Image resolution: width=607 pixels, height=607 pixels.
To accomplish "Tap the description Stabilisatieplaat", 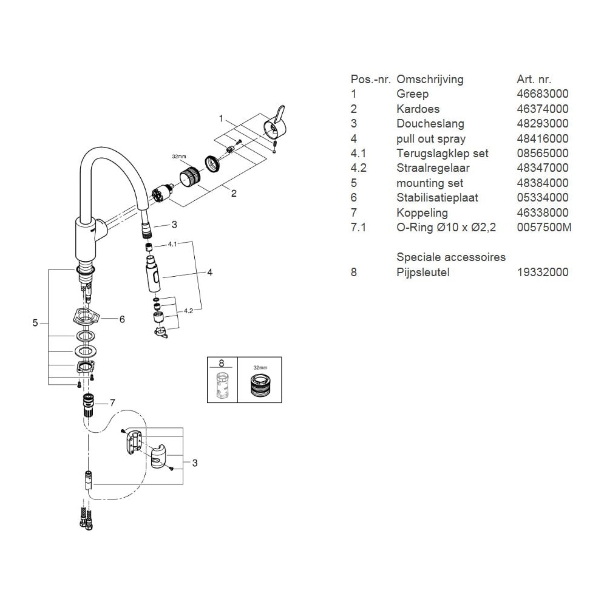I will pos(437,198).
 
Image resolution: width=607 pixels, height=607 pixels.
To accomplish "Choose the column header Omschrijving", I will pos(430,80).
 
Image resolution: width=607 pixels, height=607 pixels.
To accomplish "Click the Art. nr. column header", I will pos(534,80).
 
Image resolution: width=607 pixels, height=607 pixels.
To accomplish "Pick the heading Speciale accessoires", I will pos(450,257).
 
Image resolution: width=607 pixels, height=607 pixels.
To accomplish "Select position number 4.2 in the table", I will pos(358,168).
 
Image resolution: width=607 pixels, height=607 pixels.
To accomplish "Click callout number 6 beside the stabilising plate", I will pos(122,319).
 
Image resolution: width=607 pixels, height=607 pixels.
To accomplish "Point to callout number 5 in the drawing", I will pos(35,324).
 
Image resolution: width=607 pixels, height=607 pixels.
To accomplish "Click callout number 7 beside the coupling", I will pos(112,403).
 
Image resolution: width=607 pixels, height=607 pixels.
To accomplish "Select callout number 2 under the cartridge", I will pos(233,194).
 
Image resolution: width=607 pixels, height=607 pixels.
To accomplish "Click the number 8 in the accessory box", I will pos(221,363).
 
